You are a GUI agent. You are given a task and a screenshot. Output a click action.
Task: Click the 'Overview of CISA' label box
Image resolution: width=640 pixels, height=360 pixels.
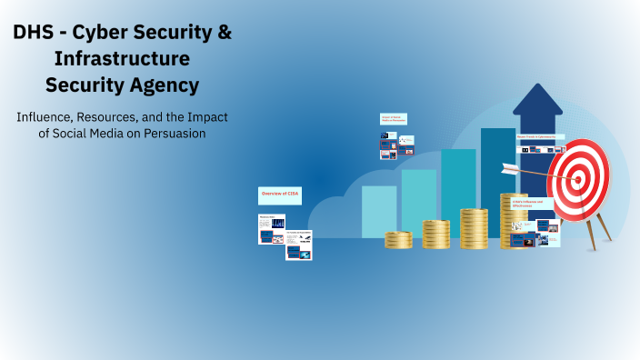[x=279, y=195]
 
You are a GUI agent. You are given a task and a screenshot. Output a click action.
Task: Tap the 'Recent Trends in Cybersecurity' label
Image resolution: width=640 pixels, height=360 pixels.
[x=538, y=136]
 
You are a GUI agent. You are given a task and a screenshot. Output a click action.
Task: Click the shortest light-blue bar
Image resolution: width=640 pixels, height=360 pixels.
[x=379, y=212]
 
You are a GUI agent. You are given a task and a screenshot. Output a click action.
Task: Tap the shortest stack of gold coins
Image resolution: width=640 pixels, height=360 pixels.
[x=398, y=240]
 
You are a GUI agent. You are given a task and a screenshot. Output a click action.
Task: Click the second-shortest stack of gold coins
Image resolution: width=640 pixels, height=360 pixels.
[x=435, y=234]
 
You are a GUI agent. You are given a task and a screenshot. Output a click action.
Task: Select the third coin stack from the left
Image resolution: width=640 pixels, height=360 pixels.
[x=474, y=228]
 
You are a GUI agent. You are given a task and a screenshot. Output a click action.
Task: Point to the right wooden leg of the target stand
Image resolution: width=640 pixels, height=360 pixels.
[x=603, y=229]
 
